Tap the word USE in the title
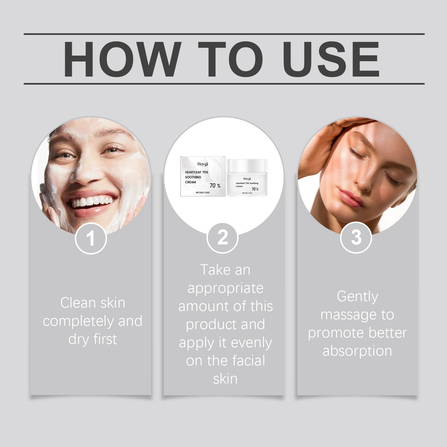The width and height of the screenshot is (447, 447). coord(331,59)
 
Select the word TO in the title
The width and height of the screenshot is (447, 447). coord(231,59)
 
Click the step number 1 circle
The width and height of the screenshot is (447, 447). coord(91,238)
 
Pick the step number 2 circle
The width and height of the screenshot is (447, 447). coord(222,238)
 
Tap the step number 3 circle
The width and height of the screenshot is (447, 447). coord(356,237)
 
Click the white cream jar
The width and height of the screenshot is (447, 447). coord(247,177)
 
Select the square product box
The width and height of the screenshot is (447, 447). coord(203,176)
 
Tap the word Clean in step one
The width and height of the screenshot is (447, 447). coord(78,303)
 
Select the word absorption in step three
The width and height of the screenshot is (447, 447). coord(357,351)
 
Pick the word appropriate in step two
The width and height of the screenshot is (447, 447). coord(225,289)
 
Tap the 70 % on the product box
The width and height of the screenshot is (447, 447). coord(215,186)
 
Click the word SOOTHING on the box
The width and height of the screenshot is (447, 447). coord(193,177)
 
